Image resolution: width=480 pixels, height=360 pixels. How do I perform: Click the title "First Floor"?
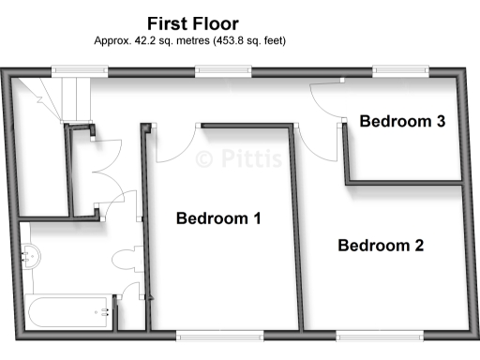193,22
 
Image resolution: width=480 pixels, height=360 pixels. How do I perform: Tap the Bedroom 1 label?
218,218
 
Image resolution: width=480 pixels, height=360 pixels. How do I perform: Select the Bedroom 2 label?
381,246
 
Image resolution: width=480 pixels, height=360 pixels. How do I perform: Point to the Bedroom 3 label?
402,121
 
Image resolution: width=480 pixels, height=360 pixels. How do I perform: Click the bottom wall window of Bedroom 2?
379,335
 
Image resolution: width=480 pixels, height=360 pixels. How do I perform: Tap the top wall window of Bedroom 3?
401,69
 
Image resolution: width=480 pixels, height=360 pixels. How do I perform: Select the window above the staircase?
71,69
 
